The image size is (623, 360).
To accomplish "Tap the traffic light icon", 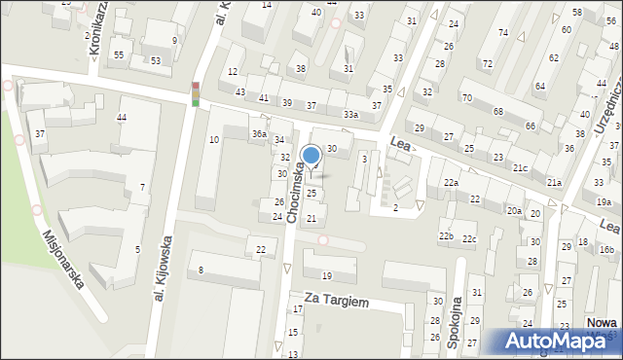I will coord(195,93).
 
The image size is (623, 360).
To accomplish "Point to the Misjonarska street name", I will coord(63,258).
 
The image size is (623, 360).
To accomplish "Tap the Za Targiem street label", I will coord(336,303).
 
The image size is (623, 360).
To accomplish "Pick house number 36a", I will coord(259,133).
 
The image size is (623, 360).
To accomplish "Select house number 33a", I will coord(350,115).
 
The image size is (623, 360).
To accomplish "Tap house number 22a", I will coord(451,183).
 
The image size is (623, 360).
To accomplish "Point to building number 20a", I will coord(514,210).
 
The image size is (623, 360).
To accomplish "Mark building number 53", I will coord(156,60).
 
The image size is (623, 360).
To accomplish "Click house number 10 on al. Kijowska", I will coord(214,140).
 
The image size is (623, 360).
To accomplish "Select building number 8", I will coord(201,270).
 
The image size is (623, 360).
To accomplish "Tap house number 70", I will coord(467,97).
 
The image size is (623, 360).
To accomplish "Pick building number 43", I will coord(240,91).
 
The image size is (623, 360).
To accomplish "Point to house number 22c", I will coord(469,239).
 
